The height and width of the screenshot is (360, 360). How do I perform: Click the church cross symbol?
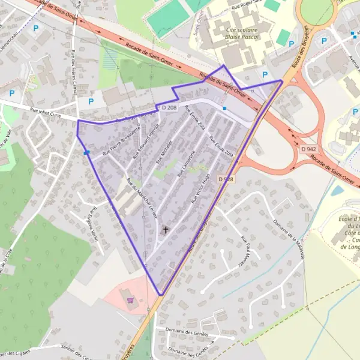pos(166,229)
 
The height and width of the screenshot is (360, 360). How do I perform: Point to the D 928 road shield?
pos(226,179)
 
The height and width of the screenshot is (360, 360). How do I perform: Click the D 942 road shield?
pos(308,149)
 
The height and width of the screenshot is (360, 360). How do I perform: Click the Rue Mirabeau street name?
pos(164,152)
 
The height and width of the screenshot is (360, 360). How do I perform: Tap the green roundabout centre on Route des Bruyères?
pos(316,7)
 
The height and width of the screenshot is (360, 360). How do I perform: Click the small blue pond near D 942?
pos(337,191)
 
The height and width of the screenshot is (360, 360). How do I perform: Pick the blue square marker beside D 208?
pos(224,108)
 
